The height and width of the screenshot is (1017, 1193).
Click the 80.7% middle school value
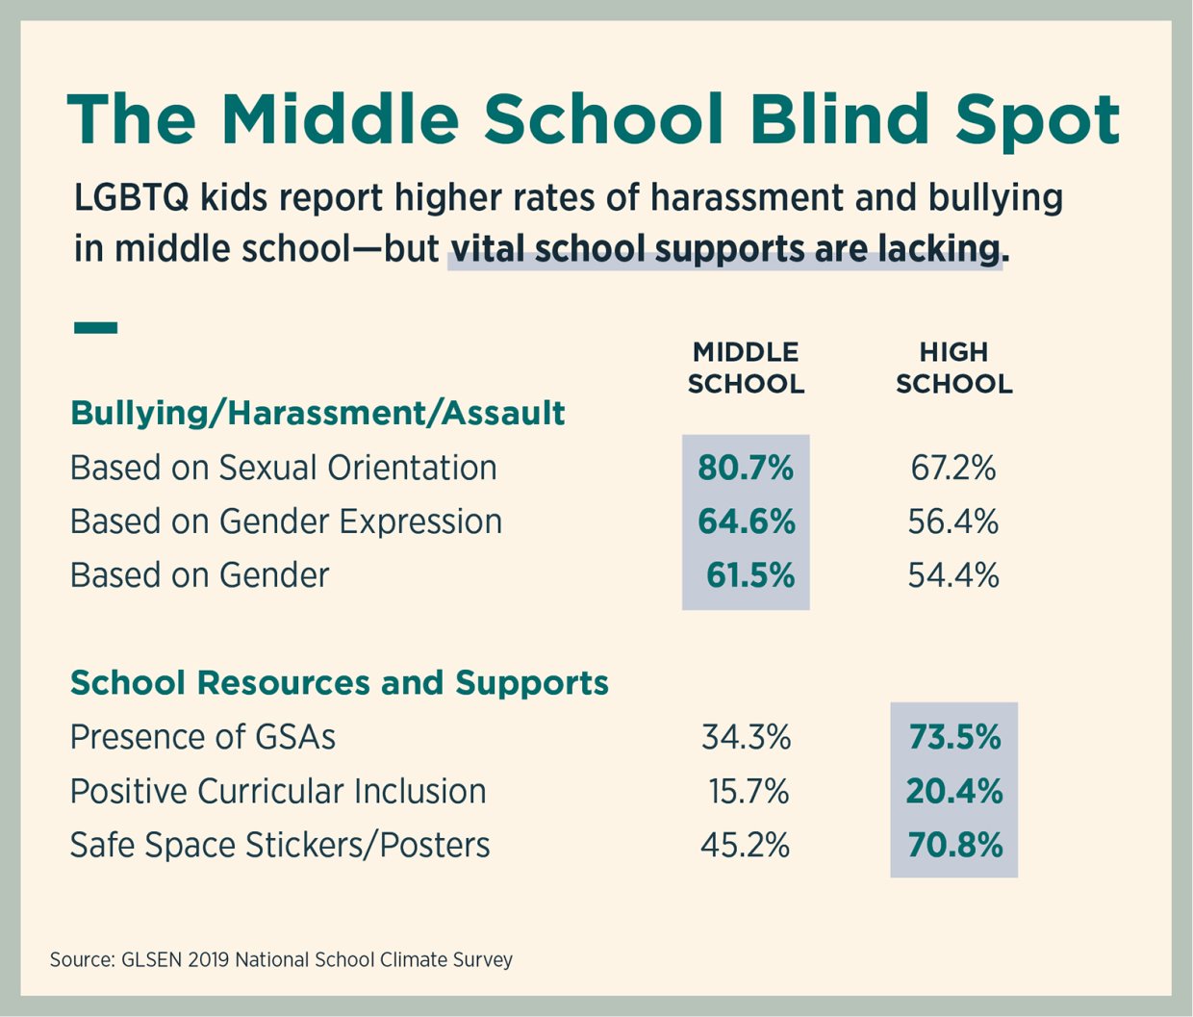coord(746,468)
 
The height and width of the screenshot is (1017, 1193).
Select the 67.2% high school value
coord(953,468)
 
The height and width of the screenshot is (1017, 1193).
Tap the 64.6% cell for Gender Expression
coord(746,521)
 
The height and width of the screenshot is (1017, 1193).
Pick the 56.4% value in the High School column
coord(953,521)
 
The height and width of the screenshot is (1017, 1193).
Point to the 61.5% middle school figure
coord(749,575)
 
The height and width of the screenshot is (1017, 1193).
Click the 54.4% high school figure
coord(953,575)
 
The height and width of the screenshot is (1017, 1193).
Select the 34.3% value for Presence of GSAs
coord(746,737)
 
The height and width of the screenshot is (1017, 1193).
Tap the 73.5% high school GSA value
coord(954,737)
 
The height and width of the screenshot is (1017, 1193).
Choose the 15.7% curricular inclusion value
coord(749,791)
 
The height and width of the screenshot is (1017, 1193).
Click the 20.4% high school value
coord(954,791)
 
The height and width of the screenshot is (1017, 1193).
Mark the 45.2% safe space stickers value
coord(746,845)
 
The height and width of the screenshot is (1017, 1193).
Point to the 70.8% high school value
coord(954,845)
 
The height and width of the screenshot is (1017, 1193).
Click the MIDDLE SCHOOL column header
coord(746,368)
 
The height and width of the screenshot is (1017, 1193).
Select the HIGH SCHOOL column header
coord(953,368)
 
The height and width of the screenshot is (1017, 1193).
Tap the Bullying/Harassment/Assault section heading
coord(317,413)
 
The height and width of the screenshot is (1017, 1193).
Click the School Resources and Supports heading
coord(340,682)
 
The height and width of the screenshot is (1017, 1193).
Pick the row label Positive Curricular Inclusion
coord(278,791)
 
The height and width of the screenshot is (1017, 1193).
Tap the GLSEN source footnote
coord(281,959)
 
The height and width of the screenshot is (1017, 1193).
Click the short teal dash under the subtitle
coord(95,328)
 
